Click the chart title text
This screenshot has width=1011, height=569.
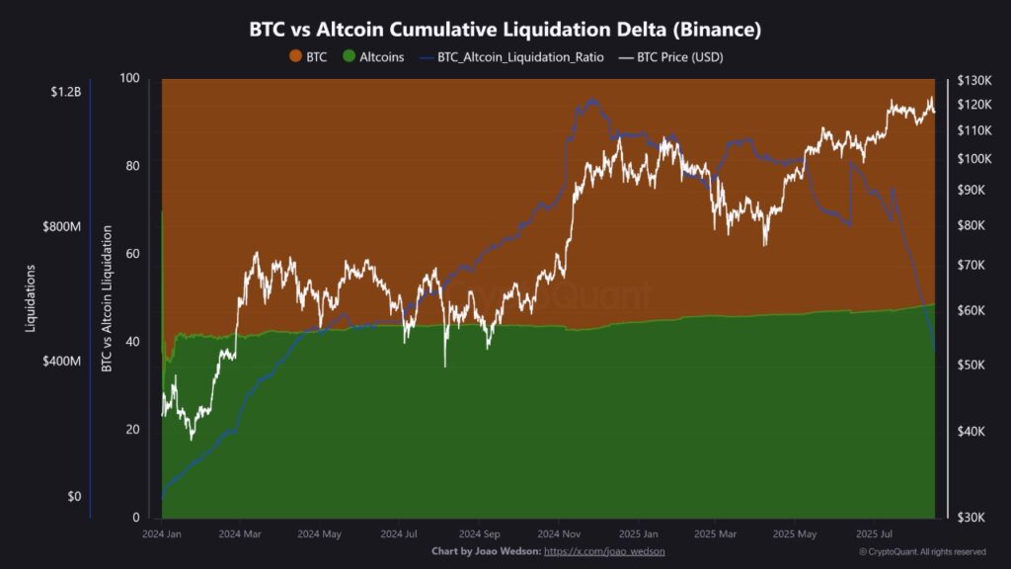tap(505, 30)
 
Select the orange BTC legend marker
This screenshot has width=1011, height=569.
tap(294, 57)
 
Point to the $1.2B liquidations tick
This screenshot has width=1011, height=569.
tap(65, 92)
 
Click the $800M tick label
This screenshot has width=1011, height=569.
tap(62, 227)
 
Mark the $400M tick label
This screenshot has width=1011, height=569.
tap(62, 362)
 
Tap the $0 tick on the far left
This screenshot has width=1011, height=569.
tap(74, 497)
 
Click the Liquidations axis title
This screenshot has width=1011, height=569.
tap(32, 298)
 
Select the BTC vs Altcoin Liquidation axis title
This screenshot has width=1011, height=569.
tap(106, 298)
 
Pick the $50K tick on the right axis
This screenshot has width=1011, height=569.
tap(975, 366)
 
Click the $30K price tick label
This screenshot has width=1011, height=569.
tap(975, 516)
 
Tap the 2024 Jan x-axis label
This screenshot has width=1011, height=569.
tap(162, 534)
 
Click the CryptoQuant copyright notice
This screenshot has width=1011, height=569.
tap(922, 551)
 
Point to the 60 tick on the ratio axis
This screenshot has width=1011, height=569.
tap(131, 254)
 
